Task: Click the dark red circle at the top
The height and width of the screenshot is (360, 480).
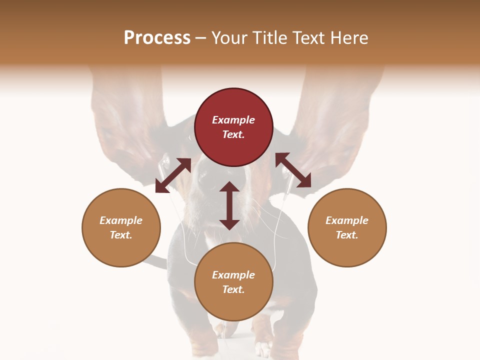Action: (233, 127)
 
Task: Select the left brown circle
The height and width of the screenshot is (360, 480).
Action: (121, 227)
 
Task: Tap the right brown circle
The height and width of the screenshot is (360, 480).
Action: (347, 227)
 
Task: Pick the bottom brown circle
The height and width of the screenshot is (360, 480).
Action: (233, 282)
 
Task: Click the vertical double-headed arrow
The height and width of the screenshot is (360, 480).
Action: (229, 205)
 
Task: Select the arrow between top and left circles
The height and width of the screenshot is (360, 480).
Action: (173, 175)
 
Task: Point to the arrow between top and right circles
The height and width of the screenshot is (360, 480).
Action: (293, 170)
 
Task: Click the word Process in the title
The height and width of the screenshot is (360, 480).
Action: (157, 38)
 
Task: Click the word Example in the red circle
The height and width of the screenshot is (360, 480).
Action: (233, 120)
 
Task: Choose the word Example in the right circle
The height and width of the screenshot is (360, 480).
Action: (347, 220)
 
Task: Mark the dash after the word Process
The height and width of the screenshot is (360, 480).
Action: (201, 38)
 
